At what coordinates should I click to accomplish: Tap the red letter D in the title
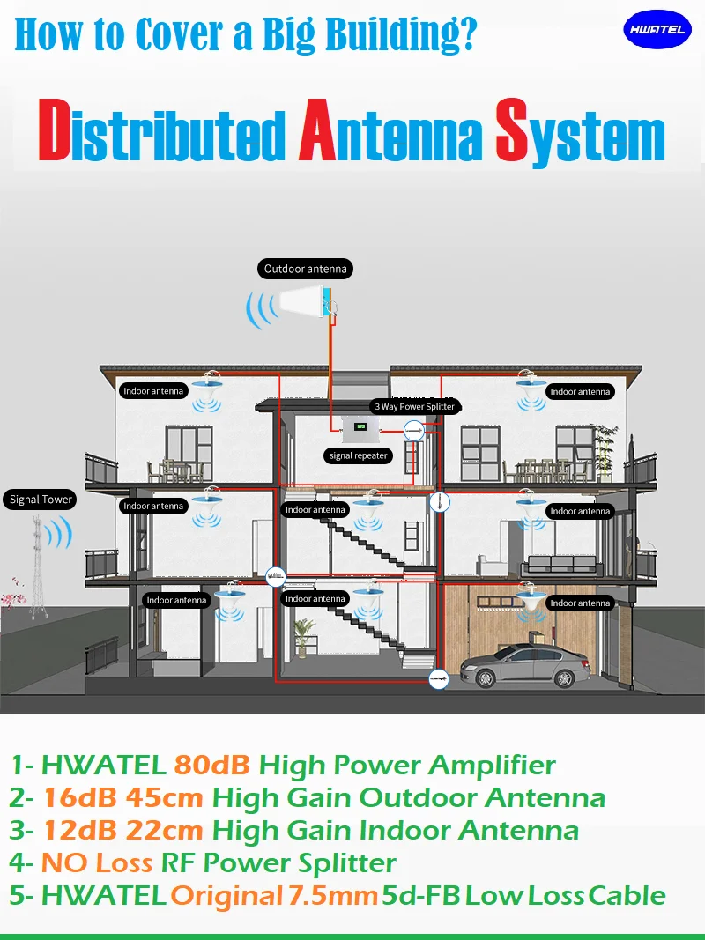[54, 134]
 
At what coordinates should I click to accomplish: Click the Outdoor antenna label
[306, 269]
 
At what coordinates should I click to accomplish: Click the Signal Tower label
[41, 500]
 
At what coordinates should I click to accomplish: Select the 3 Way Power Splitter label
[414, 407]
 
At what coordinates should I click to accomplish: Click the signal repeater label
[359, 455]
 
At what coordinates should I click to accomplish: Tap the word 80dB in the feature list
[212, 765]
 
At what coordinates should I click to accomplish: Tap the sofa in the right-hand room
[561, 565]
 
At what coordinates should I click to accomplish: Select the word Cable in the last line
[627, 896]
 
